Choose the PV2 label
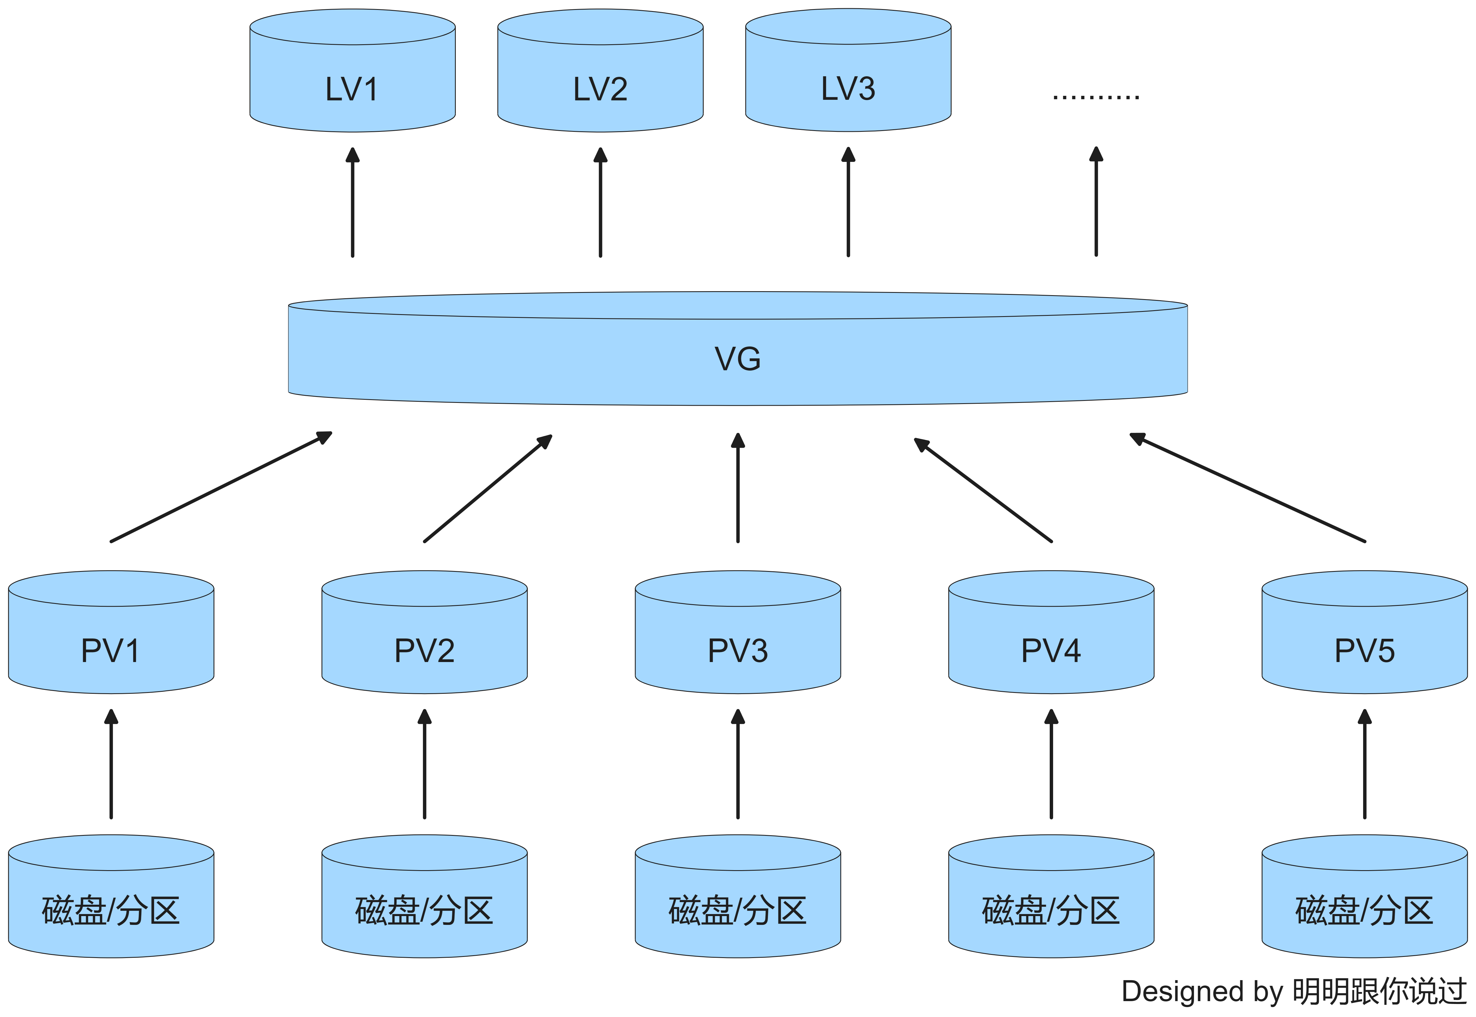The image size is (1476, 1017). click(x=424, y=651)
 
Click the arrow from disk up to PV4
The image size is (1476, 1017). click(x=1052, y=765)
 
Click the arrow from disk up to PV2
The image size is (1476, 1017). click(x=424, y=765)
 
